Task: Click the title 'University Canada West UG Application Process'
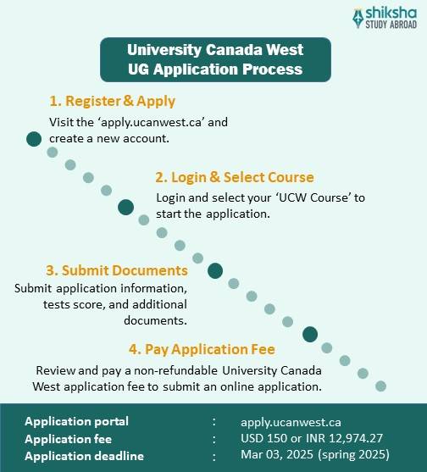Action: point(213,58)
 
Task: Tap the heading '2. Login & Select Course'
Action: point(235,177)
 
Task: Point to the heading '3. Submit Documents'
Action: point(117,270)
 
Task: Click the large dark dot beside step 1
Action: point(34,139)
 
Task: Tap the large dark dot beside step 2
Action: point(126,206)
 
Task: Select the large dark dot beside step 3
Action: point(215,271)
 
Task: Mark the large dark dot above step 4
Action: point(310,334)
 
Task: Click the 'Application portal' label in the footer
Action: point(77,421)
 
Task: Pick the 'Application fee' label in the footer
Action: point(68,439)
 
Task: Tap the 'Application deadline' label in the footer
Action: point(84,456)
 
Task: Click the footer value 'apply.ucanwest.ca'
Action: point(291,421)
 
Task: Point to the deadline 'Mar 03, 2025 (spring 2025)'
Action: point(315,456)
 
